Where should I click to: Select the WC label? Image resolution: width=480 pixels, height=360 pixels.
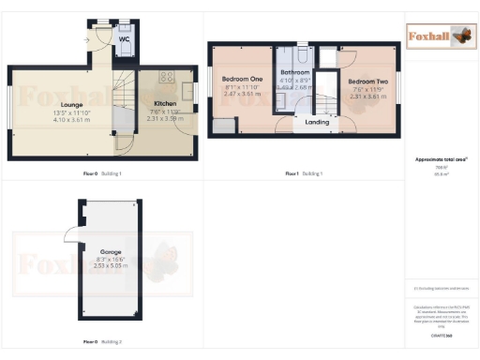tap(125, 40)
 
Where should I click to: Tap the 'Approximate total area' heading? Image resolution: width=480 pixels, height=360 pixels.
tap(441, 159)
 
